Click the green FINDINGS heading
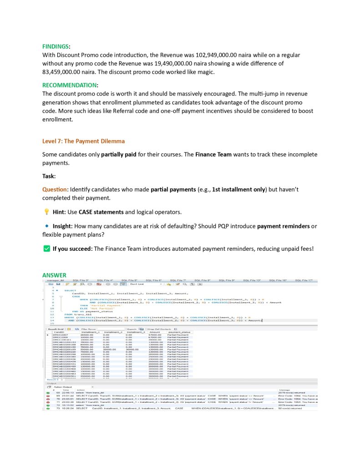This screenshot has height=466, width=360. coord(56,46)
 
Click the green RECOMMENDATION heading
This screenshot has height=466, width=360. coord(69,85)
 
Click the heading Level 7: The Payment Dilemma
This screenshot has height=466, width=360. coord(83,141)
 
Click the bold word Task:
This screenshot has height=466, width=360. coord(49,176)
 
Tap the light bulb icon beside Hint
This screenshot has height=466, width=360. coord(46,212)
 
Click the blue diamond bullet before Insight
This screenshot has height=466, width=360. coord(46,226)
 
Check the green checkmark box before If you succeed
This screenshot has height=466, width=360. coord(46,248)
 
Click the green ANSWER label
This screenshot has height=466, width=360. coord(54,275)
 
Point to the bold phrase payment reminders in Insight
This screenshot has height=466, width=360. coord(286,226)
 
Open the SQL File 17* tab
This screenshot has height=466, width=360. coord(304,280)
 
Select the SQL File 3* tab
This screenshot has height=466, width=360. coord(81,280)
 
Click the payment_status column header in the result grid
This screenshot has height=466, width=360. coord(180,332)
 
